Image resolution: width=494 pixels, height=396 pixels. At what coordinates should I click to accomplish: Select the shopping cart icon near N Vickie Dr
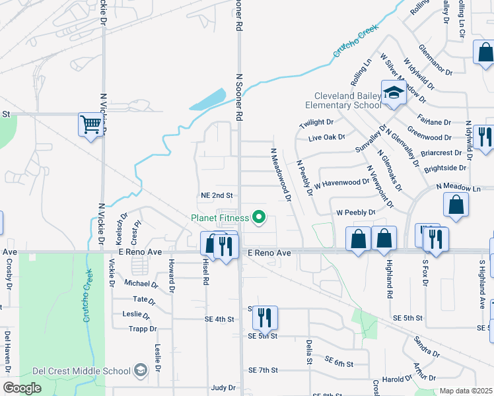coord(90,123)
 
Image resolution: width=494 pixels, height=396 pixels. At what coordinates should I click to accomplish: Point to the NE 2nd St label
coord(217,195)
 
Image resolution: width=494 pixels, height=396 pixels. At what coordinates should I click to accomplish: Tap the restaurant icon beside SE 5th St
coord(265,318)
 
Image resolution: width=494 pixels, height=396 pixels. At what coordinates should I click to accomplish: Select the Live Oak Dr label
coord(328,138)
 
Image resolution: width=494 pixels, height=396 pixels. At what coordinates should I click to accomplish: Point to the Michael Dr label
coord(141,284)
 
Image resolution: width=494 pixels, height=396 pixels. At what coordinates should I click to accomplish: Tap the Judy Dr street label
coord(223,388)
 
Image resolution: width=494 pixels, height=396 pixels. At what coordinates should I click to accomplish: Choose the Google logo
coord(22,388)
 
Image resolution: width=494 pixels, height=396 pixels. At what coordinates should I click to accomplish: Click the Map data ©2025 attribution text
coord(465,391)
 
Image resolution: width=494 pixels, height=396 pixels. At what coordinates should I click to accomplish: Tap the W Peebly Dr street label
coord(355,213)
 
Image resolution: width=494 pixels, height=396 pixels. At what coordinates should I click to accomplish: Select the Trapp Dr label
coord(143,329)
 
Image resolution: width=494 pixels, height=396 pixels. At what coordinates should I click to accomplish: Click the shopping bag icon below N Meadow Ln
coord(456,205)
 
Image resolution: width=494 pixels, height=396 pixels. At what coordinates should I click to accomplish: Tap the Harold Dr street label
coord(397,379)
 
